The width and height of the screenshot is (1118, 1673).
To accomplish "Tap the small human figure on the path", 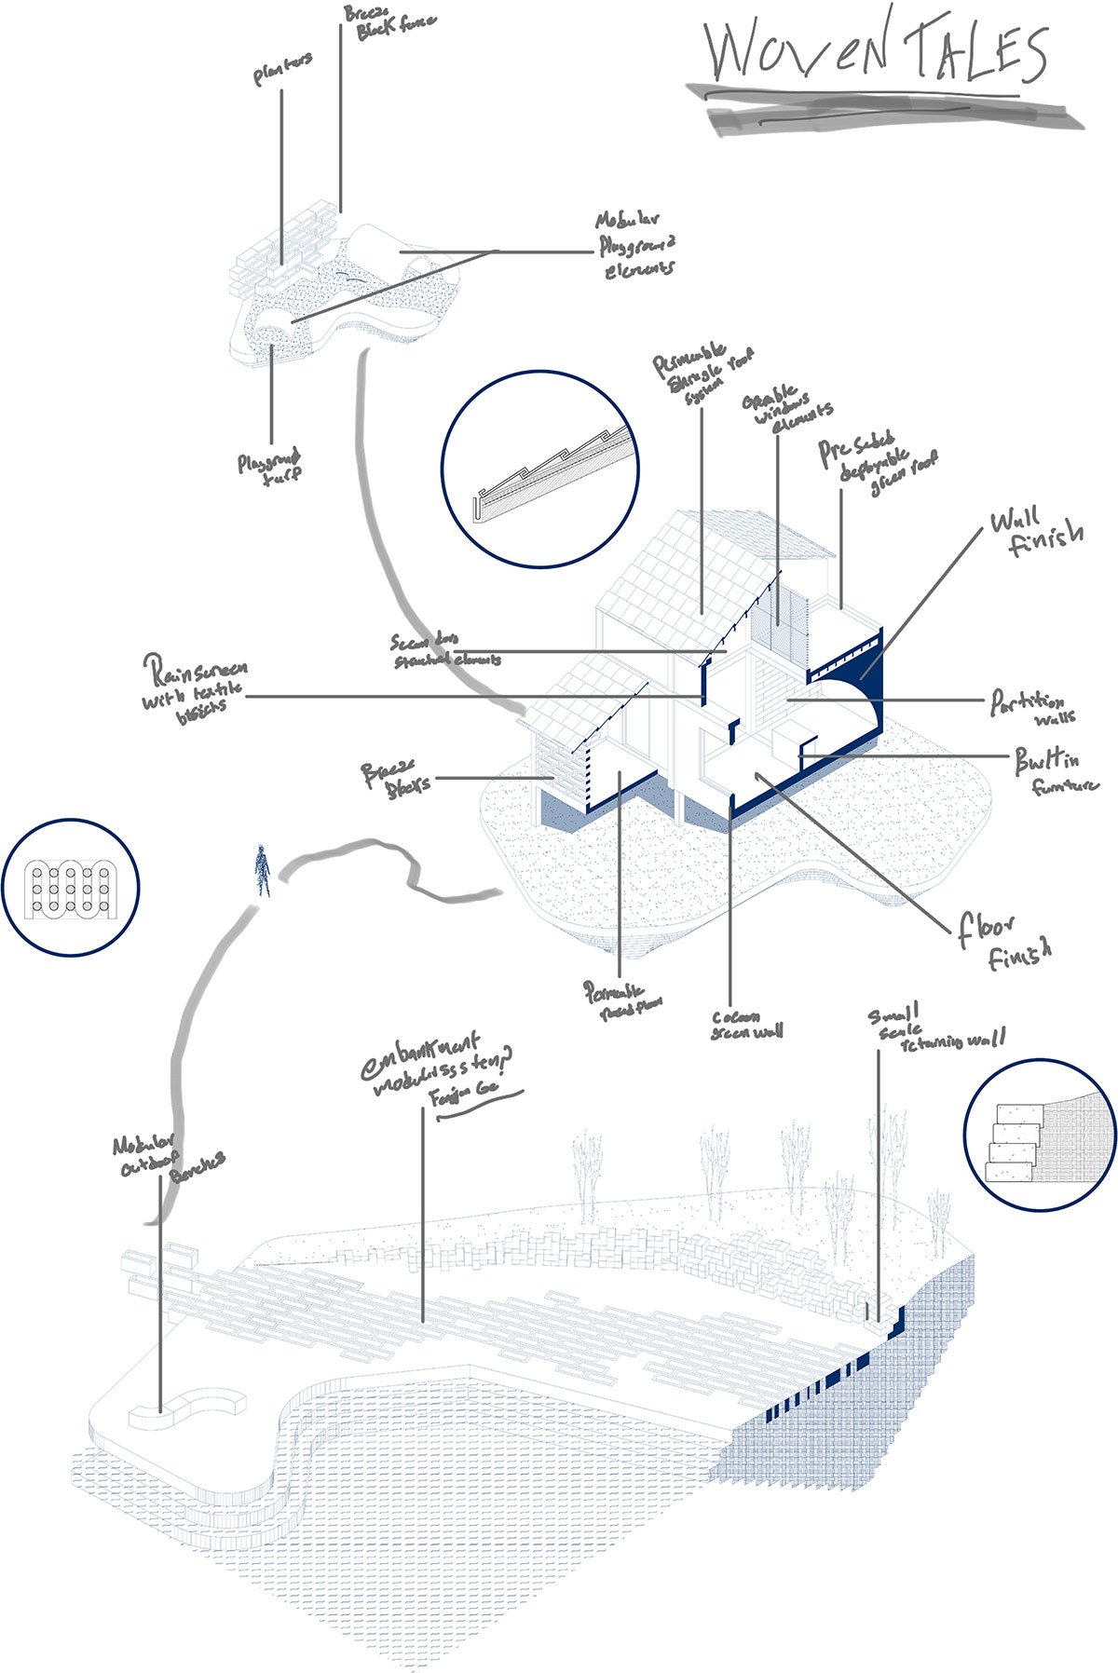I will pyautogui.click(x=263, y=869).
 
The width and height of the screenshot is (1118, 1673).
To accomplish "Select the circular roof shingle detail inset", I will pyautogui.click(x=539, y=469).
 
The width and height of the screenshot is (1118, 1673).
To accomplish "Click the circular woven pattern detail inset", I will pyautogui.click(x=70, y=887).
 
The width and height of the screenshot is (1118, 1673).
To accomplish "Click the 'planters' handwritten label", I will pyautogui.click(x=281, y=71).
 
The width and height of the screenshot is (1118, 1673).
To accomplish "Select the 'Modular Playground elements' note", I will pyautogui.click(x=635, y=245).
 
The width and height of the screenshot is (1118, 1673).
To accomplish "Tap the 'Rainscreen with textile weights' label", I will pyautogui.click(x=194, y=687).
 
